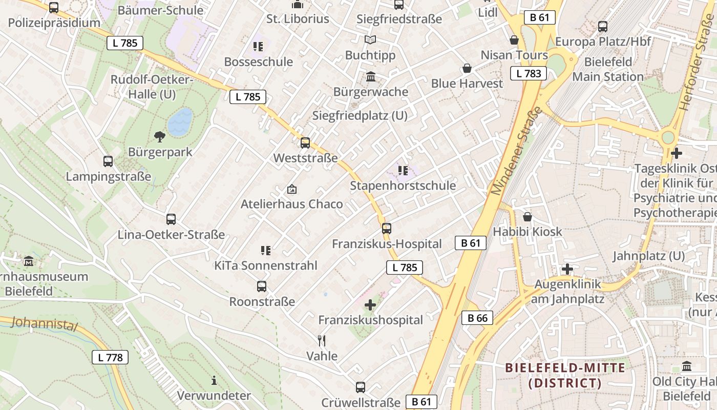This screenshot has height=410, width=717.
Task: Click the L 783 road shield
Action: (x=529, y=73)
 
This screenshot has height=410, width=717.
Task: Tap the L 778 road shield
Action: (x=110, y=357)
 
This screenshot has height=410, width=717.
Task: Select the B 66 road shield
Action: (x=477, y=318)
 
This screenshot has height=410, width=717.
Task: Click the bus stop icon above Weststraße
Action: (x=305, y=143)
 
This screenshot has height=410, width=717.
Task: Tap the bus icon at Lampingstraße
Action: (x=108, y=161)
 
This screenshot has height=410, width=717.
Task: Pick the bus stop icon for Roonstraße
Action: (x=262, y=286)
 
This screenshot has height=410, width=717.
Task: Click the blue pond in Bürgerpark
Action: (x=180, y=121)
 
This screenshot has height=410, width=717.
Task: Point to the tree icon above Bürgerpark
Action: (x=159, y=136)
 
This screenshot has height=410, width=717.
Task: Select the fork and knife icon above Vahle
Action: (x=322, y=341)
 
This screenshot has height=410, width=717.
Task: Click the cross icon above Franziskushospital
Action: (x=370, y=305)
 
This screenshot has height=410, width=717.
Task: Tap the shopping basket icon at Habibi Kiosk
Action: (x=527, y=217)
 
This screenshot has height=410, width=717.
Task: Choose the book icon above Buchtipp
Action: (x=370, y=39)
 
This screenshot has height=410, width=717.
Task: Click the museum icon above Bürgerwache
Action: (x=370, y=77)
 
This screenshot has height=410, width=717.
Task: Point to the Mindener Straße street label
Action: (x=516, y=151)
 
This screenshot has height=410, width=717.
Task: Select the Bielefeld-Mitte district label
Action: (x=565, y=375)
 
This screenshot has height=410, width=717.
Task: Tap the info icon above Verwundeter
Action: (x=214, y=380)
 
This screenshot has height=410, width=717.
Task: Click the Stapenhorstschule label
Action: (x=403, y=186)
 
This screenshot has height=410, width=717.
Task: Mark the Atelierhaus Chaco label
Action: (x=291, y=204)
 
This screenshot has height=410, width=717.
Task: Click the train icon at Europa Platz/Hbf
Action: (x=603, y=27)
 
